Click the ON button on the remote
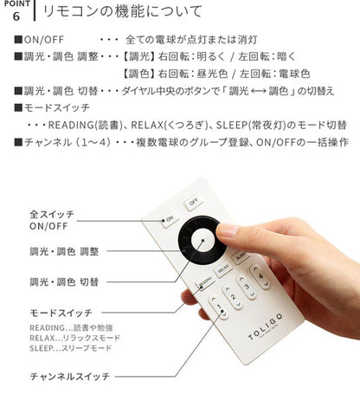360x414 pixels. click(x=169, y=218)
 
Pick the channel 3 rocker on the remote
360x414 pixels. click(x=248, y=288)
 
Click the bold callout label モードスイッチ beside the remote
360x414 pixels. click(x=59, y=311)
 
